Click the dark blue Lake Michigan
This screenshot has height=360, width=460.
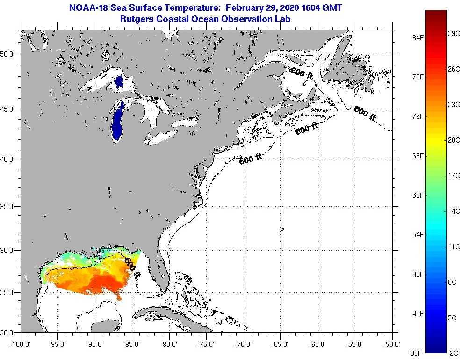point(118,122)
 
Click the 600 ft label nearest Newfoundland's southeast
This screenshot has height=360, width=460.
point(365,114)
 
